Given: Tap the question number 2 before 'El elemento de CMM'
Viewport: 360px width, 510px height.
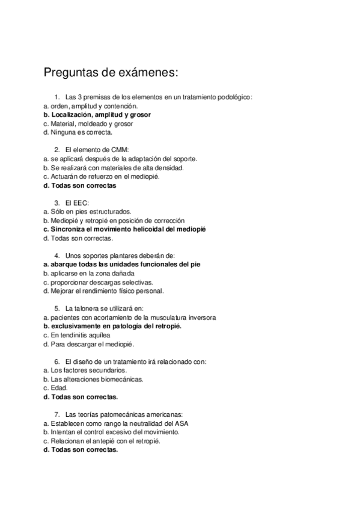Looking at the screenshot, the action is [56, 150].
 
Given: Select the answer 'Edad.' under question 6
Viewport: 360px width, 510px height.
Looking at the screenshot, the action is [55, 388].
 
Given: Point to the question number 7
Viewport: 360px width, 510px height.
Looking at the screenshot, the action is [56, 414].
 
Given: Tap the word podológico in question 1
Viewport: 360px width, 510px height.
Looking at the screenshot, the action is [233, 97].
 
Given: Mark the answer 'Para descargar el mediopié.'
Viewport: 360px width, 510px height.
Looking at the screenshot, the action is [88, 344].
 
